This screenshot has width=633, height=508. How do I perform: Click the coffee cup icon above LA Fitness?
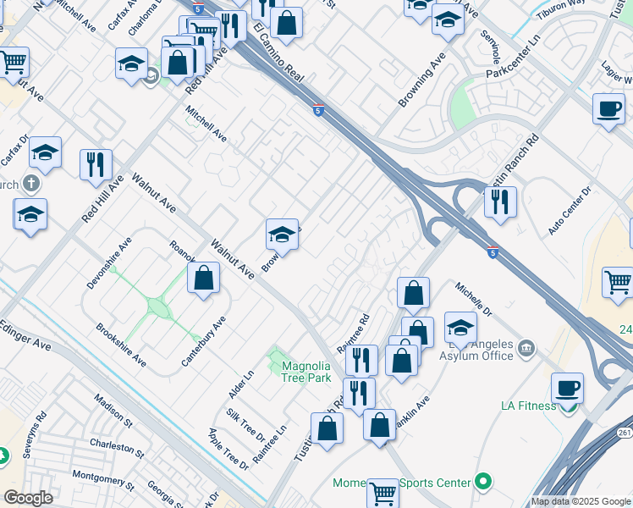click(567, 388)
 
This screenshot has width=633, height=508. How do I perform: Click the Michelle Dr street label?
click(474, 301)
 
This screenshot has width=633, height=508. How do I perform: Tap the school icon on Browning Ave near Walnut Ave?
click(282, 234)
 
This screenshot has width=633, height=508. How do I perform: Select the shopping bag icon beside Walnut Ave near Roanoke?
click(203, 278)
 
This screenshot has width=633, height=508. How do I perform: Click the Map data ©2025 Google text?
click(580, 501)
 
